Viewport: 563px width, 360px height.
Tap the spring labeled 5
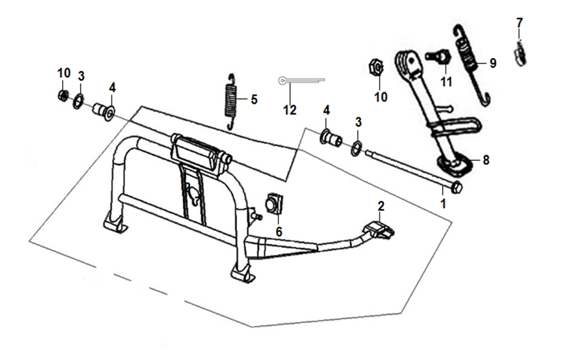[232, 100]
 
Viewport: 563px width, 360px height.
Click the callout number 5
[253, 100]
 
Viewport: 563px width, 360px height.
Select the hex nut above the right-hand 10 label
[374, 68]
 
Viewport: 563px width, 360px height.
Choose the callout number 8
[486, 160]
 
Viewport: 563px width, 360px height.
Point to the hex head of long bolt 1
[456, 186]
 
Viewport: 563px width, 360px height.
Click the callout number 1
[443, 203]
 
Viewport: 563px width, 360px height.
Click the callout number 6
[279, 231]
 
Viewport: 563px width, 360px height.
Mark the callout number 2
[381, 206]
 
